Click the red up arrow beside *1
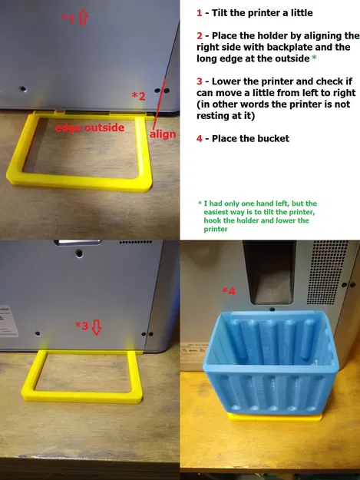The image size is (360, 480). [83, 17]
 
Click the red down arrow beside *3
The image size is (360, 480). [97, 327]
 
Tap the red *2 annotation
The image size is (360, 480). [138, 96]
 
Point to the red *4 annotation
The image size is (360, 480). [229, 290]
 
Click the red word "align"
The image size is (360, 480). [163, 134]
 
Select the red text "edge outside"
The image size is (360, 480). [90, 127]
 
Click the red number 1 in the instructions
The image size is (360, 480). [200, 13]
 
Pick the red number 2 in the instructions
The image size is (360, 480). [200, 36]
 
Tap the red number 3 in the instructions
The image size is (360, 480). [200, 81]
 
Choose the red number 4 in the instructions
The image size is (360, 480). [200, 138]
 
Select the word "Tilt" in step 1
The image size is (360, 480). [220, 13]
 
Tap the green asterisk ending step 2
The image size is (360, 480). [314, 58]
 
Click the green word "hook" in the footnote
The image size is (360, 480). [211, 220]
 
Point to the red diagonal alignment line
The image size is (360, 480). [160, 104]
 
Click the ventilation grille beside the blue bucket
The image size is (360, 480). [327, 272]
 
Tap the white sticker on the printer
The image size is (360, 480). [8, 321]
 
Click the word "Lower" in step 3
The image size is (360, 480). [226, 81]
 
